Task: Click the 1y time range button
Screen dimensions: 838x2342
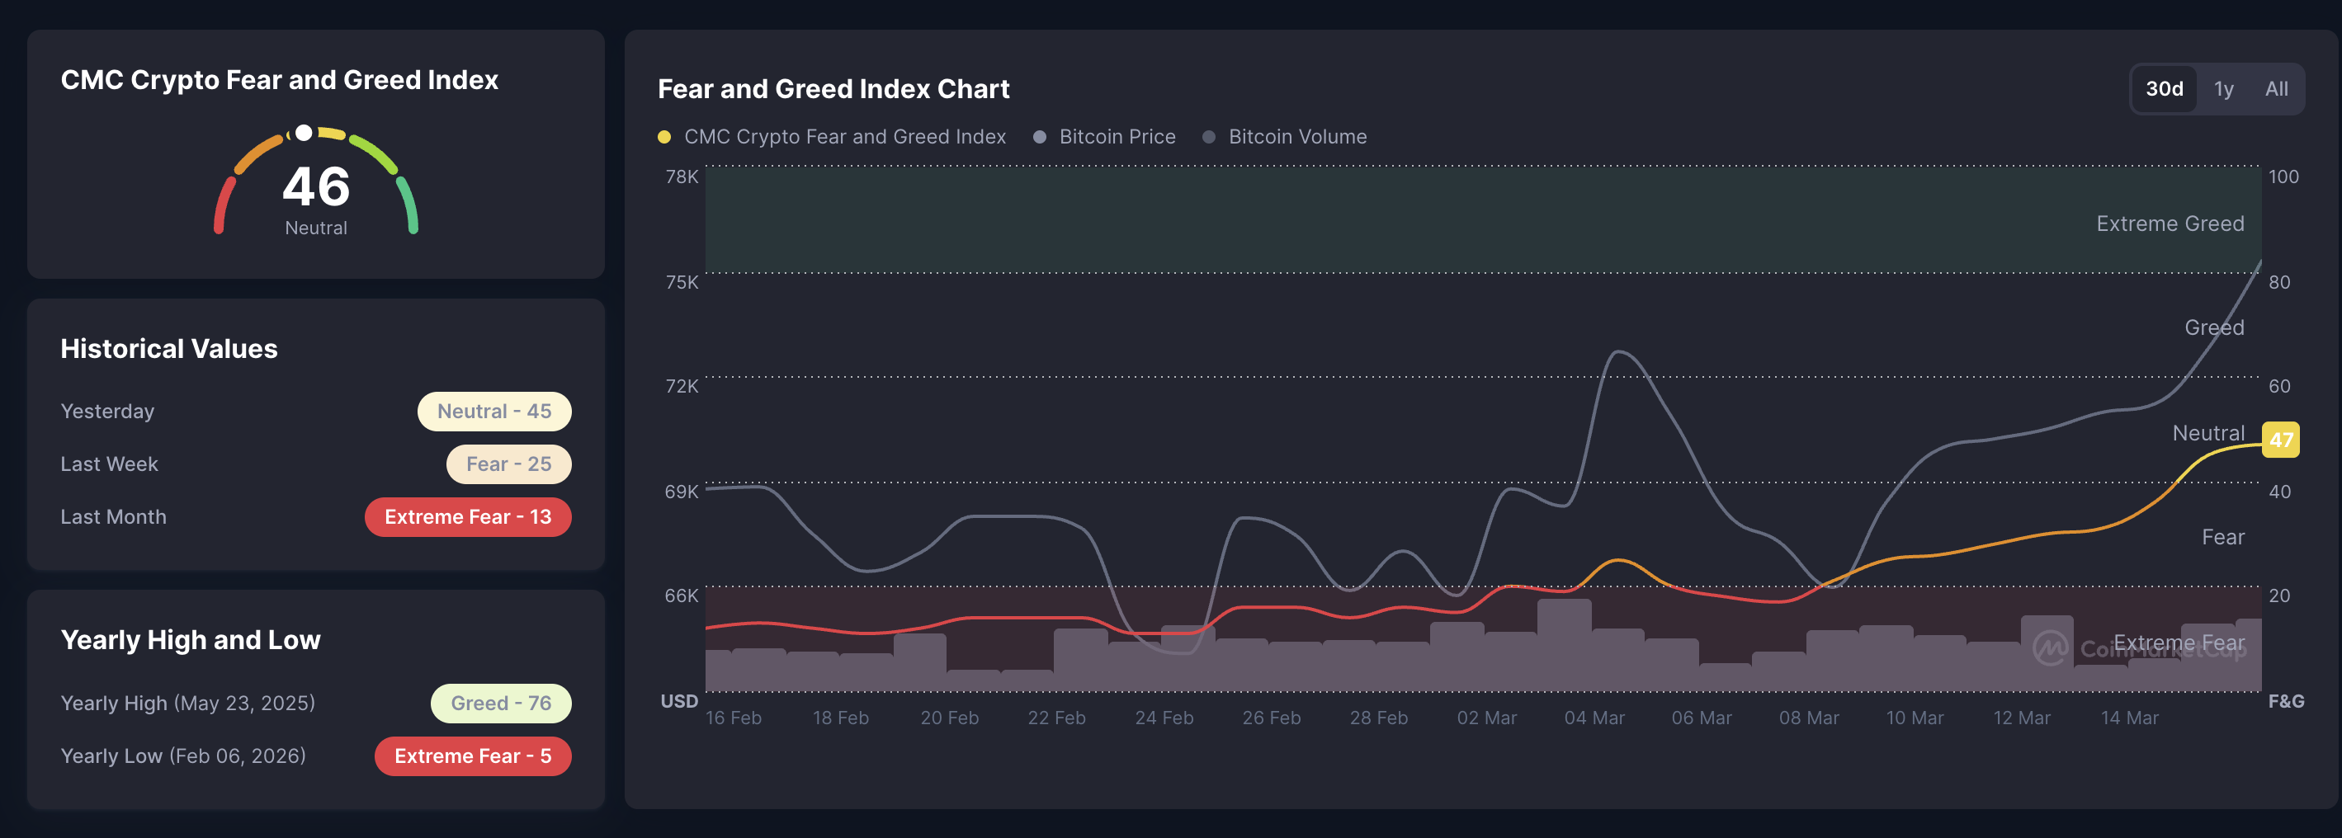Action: click(2223, 89)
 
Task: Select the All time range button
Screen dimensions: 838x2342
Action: click(2276, 89)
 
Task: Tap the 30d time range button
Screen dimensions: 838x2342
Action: click(2164, 89)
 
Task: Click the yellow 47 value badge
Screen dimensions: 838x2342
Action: click(2280, 440)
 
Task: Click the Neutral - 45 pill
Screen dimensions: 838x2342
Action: click(493, 411)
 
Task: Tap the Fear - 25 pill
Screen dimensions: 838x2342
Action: click(508, 464)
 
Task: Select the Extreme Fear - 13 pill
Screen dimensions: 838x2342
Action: click(467, 516)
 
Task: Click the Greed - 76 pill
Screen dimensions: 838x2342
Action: click(500, 703)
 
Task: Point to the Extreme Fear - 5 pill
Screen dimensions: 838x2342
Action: click(472, 756)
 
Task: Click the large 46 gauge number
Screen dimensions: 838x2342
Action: click(315, 186)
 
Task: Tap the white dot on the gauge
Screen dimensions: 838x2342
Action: click(305, 134)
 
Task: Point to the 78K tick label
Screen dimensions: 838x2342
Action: click(681, 177)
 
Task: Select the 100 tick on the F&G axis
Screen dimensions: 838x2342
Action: click(2283, 177)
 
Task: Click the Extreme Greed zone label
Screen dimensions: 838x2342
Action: click(2170, 224)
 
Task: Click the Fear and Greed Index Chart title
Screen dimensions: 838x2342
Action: click(833, 89)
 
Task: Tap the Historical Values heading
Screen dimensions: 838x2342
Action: click(169, 348)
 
